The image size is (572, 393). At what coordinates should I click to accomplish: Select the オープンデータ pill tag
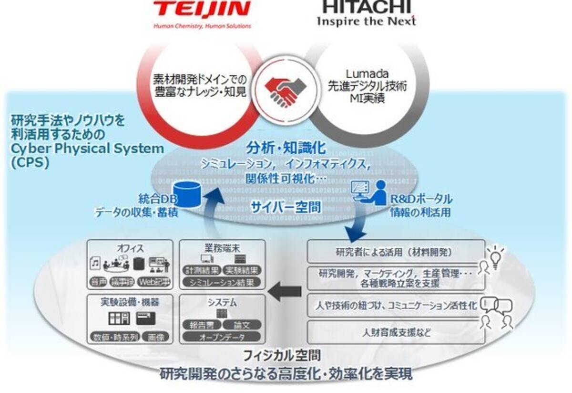[x=222, y=337]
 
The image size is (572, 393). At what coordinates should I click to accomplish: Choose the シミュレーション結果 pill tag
[x=222, y=282]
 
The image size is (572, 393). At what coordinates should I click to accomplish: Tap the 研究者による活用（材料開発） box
[x=396, y=251]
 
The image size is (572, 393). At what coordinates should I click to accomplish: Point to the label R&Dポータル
[x=421, y=199]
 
